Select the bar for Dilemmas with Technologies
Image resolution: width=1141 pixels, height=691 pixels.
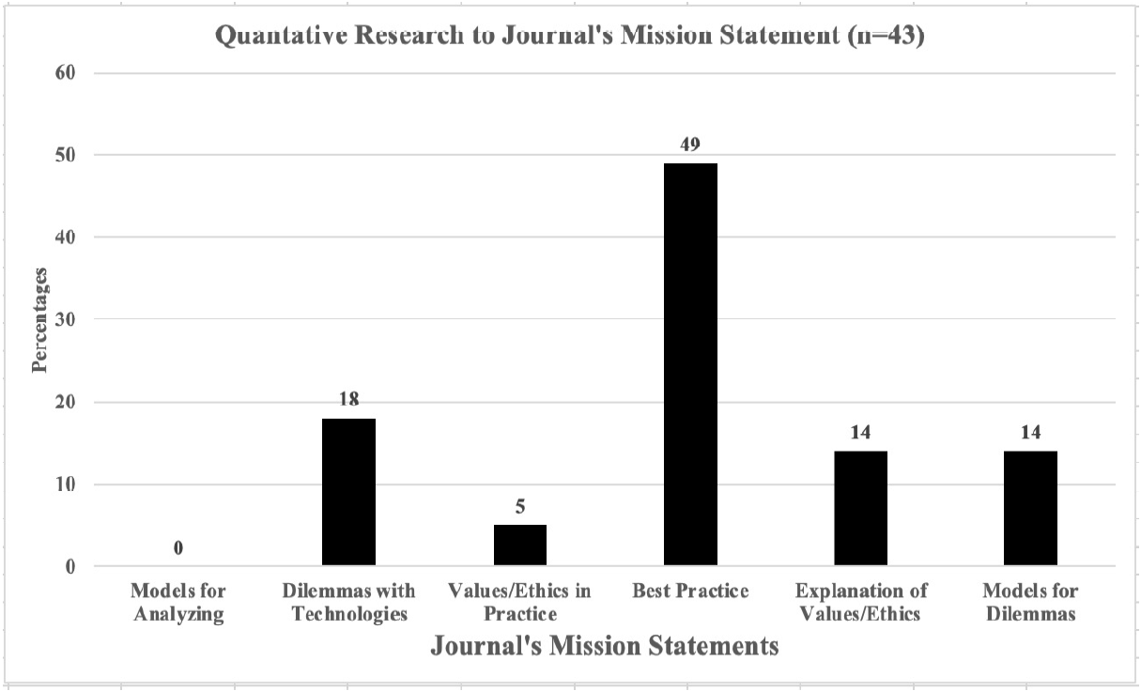click(x=348, y=492)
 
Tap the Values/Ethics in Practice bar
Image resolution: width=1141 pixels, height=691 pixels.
click(x=519, y=545)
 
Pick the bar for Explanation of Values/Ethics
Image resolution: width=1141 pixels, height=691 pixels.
click(x=860, y=508)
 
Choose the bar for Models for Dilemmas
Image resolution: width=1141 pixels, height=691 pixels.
click(x=1030, y=508)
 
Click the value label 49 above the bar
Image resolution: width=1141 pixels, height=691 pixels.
click(x=690, y=145)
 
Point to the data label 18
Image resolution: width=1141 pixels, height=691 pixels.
click(x=348, y=401)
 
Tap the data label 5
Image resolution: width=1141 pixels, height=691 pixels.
click(x=519, y=508)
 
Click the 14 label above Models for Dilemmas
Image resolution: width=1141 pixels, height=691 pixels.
click(x=1030, y=433)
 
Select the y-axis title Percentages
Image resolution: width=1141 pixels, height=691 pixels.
click(x=39, y=319)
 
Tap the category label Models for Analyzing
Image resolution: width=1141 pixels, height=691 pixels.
click(x=178, y=602)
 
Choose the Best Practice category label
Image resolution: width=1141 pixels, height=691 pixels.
click(x=690, y=591)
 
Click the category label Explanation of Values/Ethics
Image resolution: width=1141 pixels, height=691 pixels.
click(x=860, y=602)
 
